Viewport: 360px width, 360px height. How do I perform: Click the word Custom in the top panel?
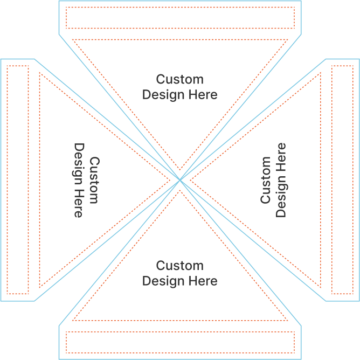pos(180,80)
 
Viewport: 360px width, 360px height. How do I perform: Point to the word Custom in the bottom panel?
pos(180,266)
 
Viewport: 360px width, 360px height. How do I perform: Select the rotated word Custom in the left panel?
pos(94,180)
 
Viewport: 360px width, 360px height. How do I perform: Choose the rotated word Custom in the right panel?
pos(266,180)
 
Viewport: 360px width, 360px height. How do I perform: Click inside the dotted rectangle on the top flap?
pos(180,17)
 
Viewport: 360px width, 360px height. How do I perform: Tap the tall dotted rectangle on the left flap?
pos(18,180)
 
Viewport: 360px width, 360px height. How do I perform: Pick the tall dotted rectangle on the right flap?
pos(342,180)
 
